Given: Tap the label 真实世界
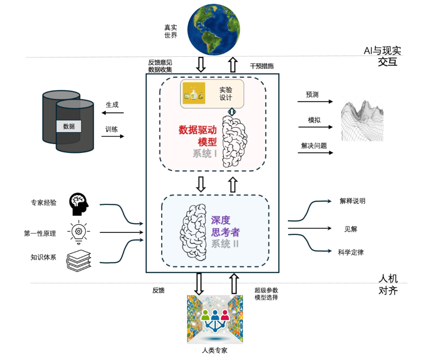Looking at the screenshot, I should (x=171, y=32).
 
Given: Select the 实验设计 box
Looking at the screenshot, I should (x=212, y=93).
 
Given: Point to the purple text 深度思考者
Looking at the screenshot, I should (x=225, y=226).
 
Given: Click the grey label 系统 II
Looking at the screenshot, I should (x=225, y=244).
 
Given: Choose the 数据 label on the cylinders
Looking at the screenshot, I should (x=69, y=126).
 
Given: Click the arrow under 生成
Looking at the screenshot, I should (x=110, y=113).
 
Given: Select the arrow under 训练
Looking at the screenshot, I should (x=112, y=136).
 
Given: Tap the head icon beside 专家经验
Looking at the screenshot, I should (x=79, y=203).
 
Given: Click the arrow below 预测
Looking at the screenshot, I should (x=315, y=102).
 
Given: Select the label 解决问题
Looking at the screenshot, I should (x=314, y=146).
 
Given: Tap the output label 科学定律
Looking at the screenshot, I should (x=351, y=252).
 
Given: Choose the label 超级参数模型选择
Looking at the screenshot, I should (x=266, y=294).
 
